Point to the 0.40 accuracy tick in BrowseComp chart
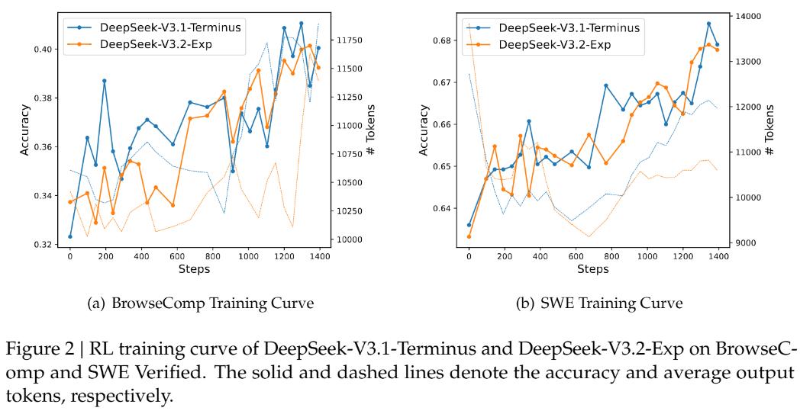click(46, 49)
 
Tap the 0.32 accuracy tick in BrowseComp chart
click(46, 245)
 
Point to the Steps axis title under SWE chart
click(592, 269)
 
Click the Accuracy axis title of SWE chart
click(424, 131)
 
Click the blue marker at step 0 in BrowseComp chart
click(70, 236)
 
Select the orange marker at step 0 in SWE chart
click(469, 236)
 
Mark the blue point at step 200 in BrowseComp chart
click(105, 81)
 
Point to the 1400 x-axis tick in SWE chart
click(717, 258)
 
